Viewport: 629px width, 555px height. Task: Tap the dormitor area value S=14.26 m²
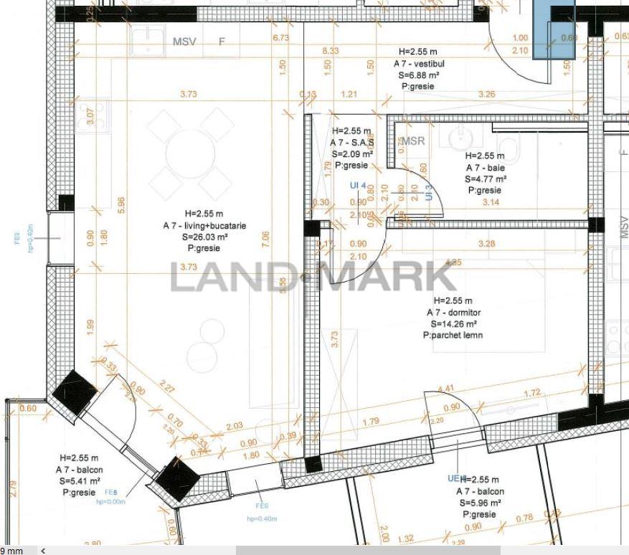pos(453,324)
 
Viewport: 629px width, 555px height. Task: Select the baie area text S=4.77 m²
pos(486,179)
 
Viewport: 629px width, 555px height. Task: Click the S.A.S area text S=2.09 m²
pos(352,153)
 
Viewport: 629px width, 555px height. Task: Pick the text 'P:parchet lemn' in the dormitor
pos(453,335)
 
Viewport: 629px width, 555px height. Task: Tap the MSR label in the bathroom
pos(413,141)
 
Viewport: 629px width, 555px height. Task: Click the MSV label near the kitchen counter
pos(184,42)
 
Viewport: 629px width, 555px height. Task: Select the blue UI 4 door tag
pos(358,186)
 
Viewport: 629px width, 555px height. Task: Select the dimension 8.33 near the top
pos(331,50)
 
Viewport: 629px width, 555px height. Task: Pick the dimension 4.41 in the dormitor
pos(445,389)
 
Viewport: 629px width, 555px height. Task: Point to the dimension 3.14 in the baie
pos(491,203)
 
